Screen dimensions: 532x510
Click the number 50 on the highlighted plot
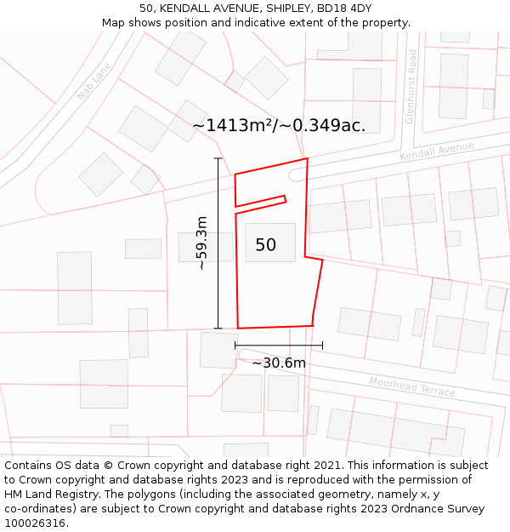265,245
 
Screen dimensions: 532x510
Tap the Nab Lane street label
93,81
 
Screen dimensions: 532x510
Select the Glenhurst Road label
411,87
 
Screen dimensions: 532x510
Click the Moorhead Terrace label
411,387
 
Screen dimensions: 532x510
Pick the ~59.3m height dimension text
201,243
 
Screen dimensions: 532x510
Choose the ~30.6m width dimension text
279,363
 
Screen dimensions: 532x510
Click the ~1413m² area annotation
279,125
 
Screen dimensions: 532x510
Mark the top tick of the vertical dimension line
218,159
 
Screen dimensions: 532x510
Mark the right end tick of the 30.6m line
322,345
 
